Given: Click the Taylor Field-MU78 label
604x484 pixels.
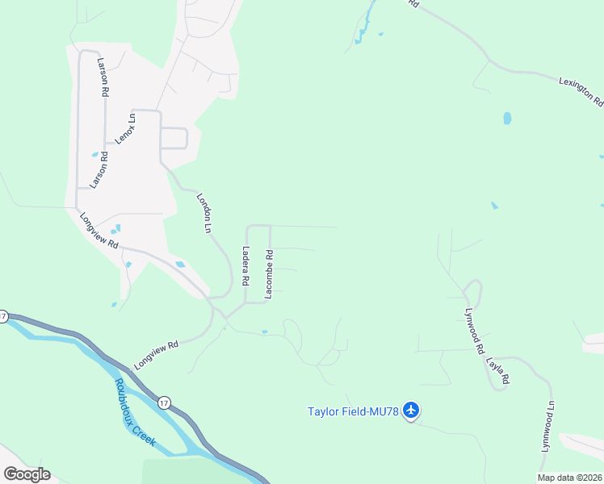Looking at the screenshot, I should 354,411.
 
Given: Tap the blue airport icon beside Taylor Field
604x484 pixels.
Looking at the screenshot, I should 412,411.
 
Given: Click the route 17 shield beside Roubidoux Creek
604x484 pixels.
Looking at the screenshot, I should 165,403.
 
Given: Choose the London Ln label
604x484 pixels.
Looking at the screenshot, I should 203,213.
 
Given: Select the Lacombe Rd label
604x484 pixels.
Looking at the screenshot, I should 270,274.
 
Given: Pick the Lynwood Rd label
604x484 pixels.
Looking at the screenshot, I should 474,330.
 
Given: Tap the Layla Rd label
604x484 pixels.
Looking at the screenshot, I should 498,366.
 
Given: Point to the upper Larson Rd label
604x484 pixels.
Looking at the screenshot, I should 103,77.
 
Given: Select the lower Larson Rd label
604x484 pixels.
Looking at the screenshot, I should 99,169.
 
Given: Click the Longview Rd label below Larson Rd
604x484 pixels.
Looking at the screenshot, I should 99,230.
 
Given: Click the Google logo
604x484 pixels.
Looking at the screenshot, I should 27,474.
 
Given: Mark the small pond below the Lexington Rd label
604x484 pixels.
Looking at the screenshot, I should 507,119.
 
